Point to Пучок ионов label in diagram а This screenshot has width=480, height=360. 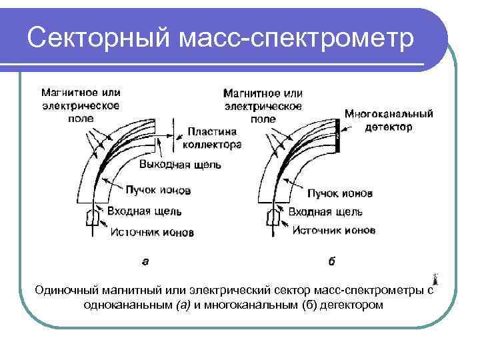pyautogui.click(x=159, y=190)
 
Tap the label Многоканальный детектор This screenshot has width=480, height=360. pyautogui.click(x=389, y=120)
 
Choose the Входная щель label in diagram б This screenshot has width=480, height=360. pyautogui.click(x=325, y=212)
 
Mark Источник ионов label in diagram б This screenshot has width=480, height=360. pyautogui.click(x=333, y=231)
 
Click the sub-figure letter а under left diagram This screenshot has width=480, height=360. pyautogui.click(x=145, y=262)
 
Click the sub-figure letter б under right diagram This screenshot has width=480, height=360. pyautogui.click(x=331, y=262)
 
